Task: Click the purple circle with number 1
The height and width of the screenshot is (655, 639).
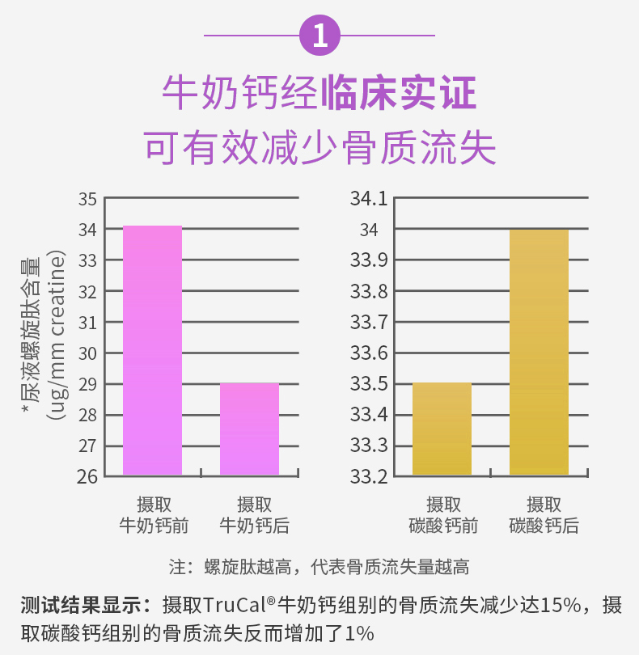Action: (x=319, y=36)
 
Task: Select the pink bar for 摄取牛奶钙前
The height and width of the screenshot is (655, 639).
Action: (x=152, y=350)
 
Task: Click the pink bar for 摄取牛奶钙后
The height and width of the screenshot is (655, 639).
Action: (x=249, y=429)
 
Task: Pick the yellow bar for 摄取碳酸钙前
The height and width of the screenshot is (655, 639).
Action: (x=442, y=429)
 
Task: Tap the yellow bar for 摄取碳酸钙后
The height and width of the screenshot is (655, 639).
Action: (x=539, y=352)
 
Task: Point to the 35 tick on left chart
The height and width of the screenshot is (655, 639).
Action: (x=88, y=199)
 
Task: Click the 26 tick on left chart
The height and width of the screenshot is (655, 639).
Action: (x=88, y=476)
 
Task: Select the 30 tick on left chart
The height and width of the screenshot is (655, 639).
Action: (x=88, y=353)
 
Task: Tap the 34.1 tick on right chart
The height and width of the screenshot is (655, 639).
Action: (x=368, y=199)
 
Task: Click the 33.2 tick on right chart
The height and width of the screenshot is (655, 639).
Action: (x=368, y=476)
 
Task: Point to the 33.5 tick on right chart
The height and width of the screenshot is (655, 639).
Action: (x=368, y=384)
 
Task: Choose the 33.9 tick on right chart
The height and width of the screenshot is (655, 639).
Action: (x=368, y=260)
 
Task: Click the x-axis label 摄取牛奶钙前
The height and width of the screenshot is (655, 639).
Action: (x=153, y=515)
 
